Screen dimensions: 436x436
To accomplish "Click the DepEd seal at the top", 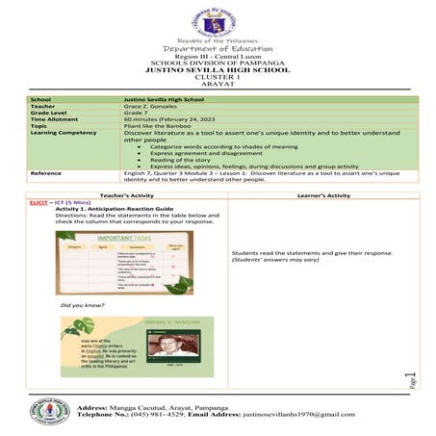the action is [218, 21].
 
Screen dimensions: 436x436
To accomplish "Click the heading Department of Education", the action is [218, 49].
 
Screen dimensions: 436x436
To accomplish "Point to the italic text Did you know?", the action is [76, 305].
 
